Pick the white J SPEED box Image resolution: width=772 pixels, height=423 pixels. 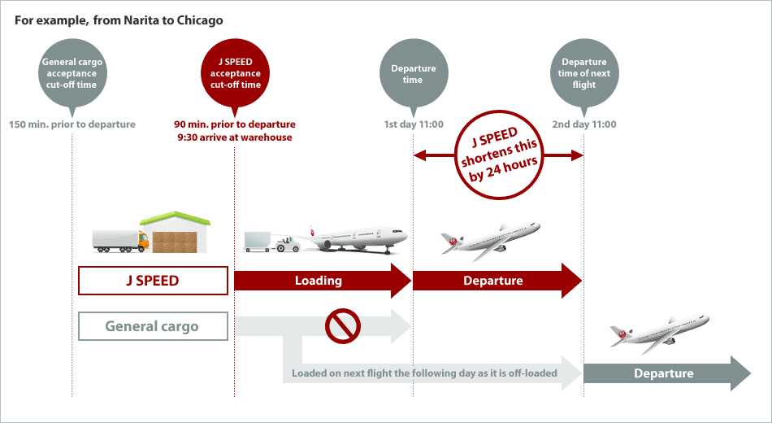tap(153, 281)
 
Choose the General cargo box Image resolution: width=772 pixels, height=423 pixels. tap(153, 326)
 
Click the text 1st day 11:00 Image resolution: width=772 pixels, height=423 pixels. tap(414, 124)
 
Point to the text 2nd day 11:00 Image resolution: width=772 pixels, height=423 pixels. tap(584, 124)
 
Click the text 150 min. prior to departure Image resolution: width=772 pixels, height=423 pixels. tap(72, 124)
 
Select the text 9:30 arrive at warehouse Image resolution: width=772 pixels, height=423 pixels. tap(235, 137)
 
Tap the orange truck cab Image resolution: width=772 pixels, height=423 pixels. tap(142, 241)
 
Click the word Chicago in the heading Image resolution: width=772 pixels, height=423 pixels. tap(199, 20)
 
